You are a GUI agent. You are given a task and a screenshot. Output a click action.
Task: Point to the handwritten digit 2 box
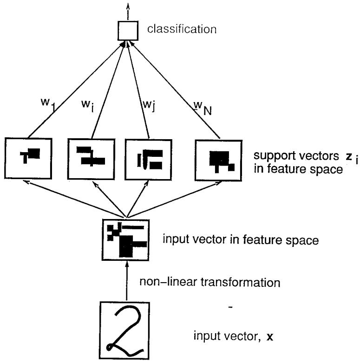pyautogui.click(x=125, y=327)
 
